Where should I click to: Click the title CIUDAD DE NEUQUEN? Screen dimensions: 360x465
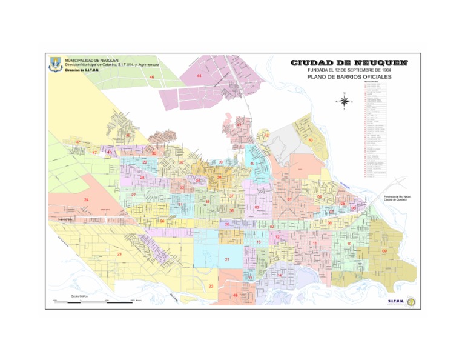click(x=349, y=62)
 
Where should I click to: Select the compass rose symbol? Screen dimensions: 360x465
click(x=344, y=101)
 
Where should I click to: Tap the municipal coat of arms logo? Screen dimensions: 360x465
click(x=55, y=63)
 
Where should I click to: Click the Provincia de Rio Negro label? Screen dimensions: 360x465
click(x=397, y=196)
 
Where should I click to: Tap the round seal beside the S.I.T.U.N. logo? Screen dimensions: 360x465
click(x=412, y=301)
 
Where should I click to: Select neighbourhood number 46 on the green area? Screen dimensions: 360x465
click(x=152, y=78)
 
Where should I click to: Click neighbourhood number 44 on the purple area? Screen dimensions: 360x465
click(x=199, y=76)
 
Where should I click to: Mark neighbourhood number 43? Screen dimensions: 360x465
click(x=310, y=140)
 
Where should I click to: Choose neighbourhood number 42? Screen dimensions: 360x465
click(x=266, y=135)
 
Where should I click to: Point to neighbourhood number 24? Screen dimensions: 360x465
click(x=87, y=199)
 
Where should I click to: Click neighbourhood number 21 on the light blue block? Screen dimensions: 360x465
click(x=228, y=259)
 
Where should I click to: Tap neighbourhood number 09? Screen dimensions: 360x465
click(x=384, y=250)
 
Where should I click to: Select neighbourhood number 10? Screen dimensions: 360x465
click(x=349, y=244)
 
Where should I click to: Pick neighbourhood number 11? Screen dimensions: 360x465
click(x=315, y=244)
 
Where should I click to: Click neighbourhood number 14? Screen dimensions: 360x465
click(x=279, y=275)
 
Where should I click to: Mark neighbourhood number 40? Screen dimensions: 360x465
click(x=252, y=164)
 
